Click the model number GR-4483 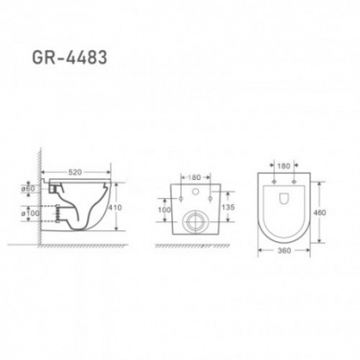click(x=69, y=58)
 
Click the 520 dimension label click(x=76, y=172)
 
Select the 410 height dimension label click(x=115, y=207)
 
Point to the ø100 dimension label click(x=30, y=213)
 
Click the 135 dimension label click(x=229, y=207)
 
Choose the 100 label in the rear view click(x=165, y=210)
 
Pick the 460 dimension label click(x=319, y=212)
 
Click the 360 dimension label click(x=283, y=250)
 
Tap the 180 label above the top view click(x=283, y=166)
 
